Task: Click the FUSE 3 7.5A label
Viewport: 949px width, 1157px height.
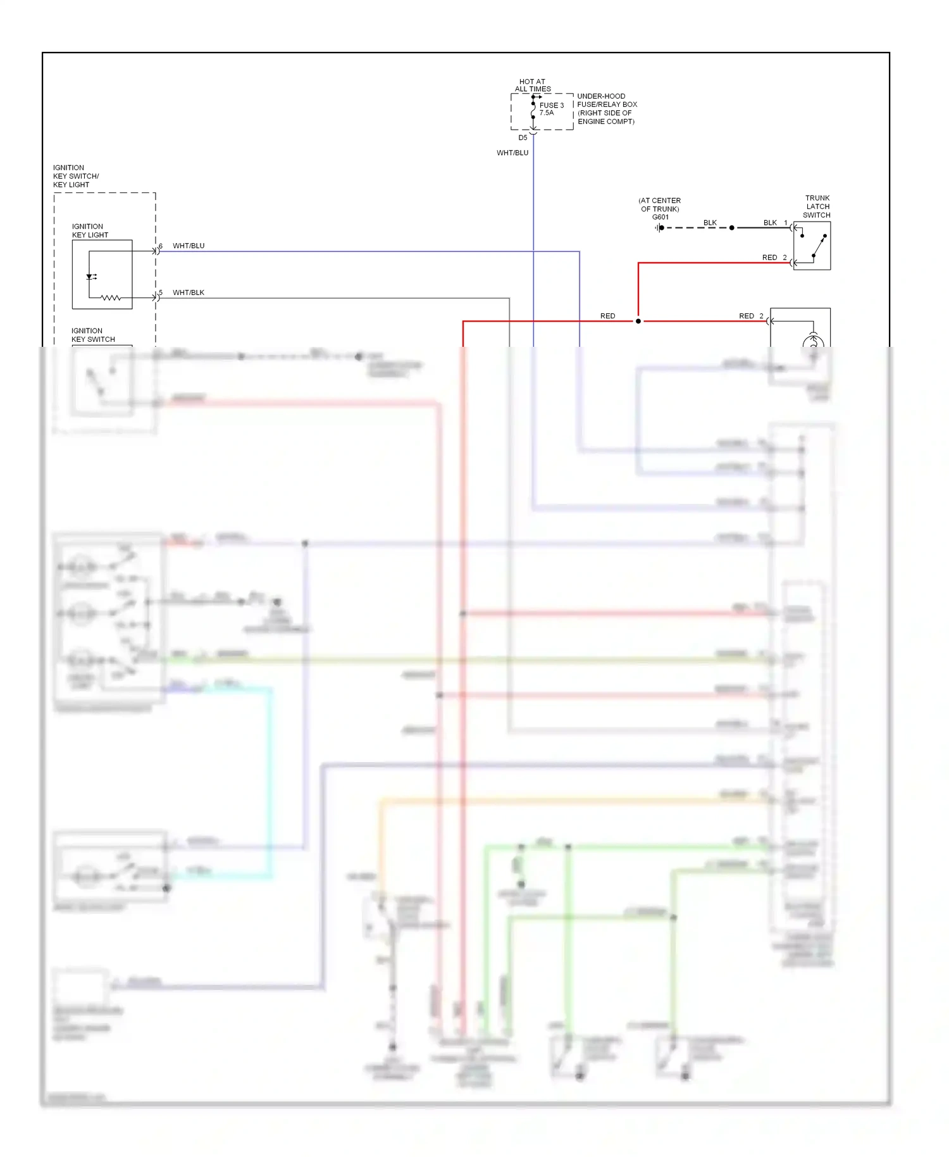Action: [x=551, y=109]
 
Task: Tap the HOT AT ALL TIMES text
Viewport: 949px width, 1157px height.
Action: [x=532, y=85]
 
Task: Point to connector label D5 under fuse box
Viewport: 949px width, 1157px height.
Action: [x=523, y=138]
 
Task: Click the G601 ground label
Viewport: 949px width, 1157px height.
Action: [x=660, y=217]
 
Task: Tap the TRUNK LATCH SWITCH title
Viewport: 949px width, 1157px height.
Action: [x=817, y=206]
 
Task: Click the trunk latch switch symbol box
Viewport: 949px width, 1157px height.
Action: [x=812, y=246]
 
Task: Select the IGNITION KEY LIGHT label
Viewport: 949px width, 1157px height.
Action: [x=90, y=230]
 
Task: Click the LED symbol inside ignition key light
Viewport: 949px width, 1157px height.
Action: [x=90, y=277]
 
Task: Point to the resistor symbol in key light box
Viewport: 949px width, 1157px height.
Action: [x=111, y=297]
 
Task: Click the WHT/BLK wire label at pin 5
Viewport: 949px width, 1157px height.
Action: [x=189, y=292]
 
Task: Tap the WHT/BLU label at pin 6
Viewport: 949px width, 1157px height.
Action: [x=189, y=246]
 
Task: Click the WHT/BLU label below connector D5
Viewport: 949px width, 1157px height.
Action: [x=512, y=153]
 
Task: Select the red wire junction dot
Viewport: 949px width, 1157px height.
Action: [x=638, y=322]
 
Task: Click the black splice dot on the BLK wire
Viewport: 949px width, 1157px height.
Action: [x=732, y=228]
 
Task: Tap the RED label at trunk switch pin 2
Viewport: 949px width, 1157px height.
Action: [x=769, y=258]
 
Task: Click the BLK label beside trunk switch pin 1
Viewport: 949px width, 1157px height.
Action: [x=770, y=223]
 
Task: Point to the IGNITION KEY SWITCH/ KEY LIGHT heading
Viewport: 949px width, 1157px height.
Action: [x=76, y=176]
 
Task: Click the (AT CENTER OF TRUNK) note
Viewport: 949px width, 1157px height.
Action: [x=659, y=204]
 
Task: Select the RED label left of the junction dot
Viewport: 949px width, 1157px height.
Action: [x=607, y=316]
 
